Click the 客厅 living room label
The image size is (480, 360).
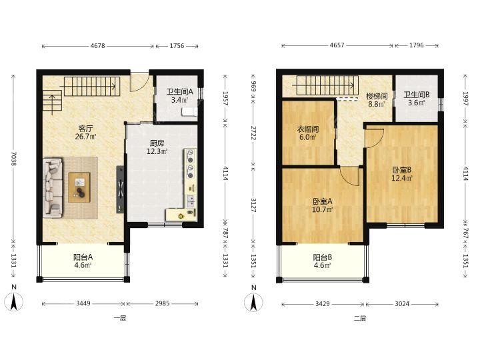pos(86,128)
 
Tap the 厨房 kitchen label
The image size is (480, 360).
pos(157,143)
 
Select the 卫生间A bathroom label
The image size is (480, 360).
pos(180,91)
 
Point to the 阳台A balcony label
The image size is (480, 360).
pos(83,257)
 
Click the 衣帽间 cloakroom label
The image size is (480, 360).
pos(308,129)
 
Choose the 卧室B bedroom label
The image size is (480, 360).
pos(402,170)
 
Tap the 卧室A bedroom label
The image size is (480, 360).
pos(323,201)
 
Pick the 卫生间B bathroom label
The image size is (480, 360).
pos(416,95)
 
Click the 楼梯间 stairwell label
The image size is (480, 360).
pos(377,96)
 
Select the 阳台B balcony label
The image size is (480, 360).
pos(323,257)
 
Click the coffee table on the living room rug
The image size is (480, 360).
pos(79,187)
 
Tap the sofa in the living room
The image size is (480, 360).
pos(53,187)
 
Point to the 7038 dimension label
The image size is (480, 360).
pos(13,159)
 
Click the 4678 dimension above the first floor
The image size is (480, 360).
pos(97,46)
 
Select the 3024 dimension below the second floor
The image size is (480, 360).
pos(401,304)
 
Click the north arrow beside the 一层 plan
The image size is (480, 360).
pos(14,301)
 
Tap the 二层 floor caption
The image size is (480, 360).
pos(360,318)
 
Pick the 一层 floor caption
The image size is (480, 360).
pos(120,318)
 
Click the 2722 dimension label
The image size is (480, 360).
pos(253,133)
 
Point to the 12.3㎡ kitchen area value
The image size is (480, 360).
pos(157,151)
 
